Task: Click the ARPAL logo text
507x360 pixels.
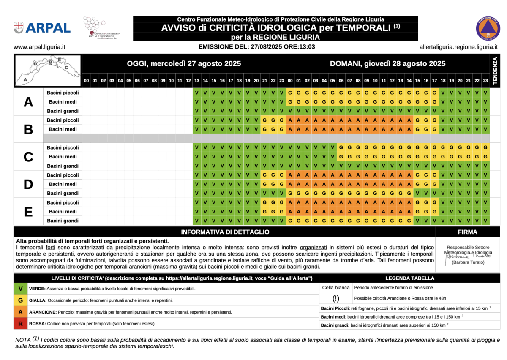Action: tap(48, 28)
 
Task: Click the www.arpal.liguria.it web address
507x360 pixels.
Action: tap(39, 47)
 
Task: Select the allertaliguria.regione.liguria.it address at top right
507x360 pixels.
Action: tap(458, 47)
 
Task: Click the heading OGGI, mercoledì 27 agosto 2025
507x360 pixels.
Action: tap(184, 64)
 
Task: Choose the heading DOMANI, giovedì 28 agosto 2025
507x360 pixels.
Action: tap(387, 64)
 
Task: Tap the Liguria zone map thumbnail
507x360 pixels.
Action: tap(48, 70)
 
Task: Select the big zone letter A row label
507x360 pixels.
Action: tap(28, 102)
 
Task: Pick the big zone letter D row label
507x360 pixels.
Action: tap(28, 184)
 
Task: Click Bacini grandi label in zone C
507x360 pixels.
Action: tap(63, 166)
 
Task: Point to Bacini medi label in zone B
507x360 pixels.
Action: tap(63, 129)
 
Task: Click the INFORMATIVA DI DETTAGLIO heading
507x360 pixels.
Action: tap(225, 232)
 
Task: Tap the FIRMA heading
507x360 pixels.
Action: tap(467, 232)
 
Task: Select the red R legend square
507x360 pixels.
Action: tap(20, 324)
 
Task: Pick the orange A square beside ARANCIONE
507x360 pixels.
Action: tap(20, 312)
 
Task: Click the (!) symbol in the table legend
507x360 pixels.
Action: tap(336, 298)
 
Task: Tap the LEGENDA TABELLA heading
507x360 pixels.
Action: tap(409, 278)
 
